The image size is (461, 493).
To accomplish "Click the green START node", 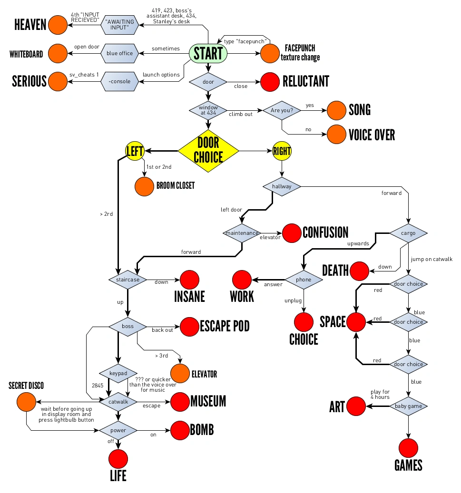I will (208, 53).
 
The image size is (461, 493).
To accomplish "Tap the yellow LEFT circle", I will (135, 151).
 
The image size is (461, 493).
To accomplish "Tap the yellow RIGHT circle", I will (282, 151).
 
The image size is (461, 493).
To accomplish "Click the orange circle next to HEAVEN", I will (58, 25).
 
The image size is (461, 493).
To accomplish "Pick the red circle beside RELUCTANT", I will (270, 81).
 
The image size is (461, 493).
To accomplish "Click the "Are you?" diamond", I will (282, 110).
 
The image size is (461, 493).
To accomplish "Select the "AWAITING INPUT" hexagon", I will (120, 25).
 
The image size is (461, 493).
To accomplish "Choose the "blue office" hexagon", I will (120, 53).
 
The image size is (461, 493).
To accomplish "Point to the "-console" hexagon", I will (120, 81).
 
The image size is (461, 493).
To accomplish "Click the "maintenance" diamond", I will (242, 233).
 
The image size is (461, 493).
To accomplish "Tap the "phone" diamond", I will (304, 280).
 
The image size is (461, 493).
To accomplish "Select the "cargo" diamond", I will (408, 233).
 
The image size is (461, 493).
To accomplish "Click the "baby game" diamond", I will (408, 406).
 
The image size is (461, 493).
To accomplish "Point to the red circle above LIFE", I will (118, 459).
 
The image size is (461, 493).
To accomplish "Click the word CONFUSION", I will (325, 232).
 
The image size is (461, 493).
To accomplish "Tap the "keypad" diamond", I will (118, 373).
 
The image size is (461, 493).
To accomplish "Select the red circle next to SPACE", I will (356, 322).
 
